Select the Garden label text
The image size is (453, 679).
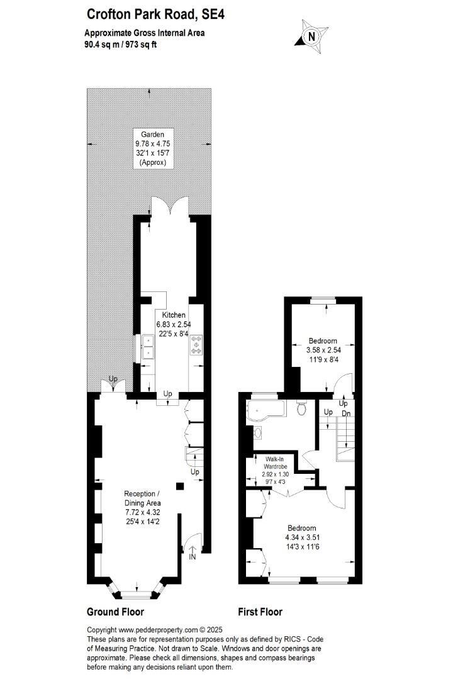pos(152,134)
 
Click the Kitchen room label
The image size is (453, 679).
pos(173,315)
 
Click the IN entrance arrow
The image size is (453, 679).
pos(192,552)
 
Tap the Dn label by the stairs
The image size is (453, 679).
pos(346,413)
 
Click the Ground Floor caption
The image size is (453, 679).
pos(115,612)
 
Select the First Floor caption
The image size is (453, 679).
pos(260,612)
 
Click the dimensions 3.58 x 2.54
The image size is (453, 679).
pos(323,350)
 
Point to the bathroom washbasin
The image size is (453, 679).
pos(257,433)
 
